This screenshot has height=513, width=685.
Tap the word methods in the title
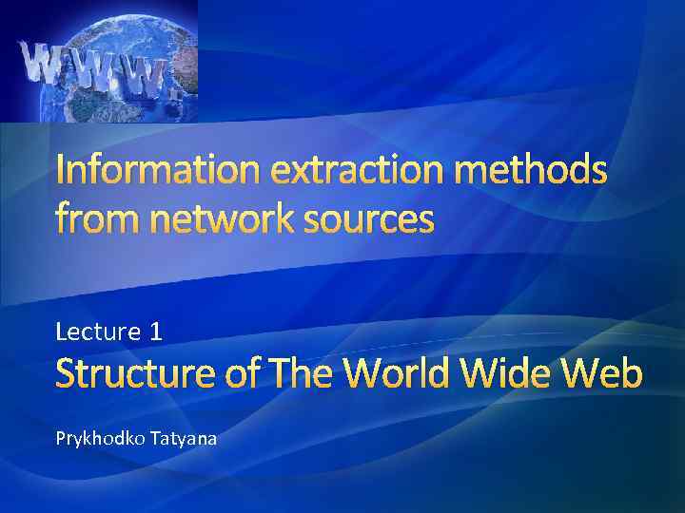540,172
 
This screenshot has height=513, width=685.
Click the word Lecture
97,332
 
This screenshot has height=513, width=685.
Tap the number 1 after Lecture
156,332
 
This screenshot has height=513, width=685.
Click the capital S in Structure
68,374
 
